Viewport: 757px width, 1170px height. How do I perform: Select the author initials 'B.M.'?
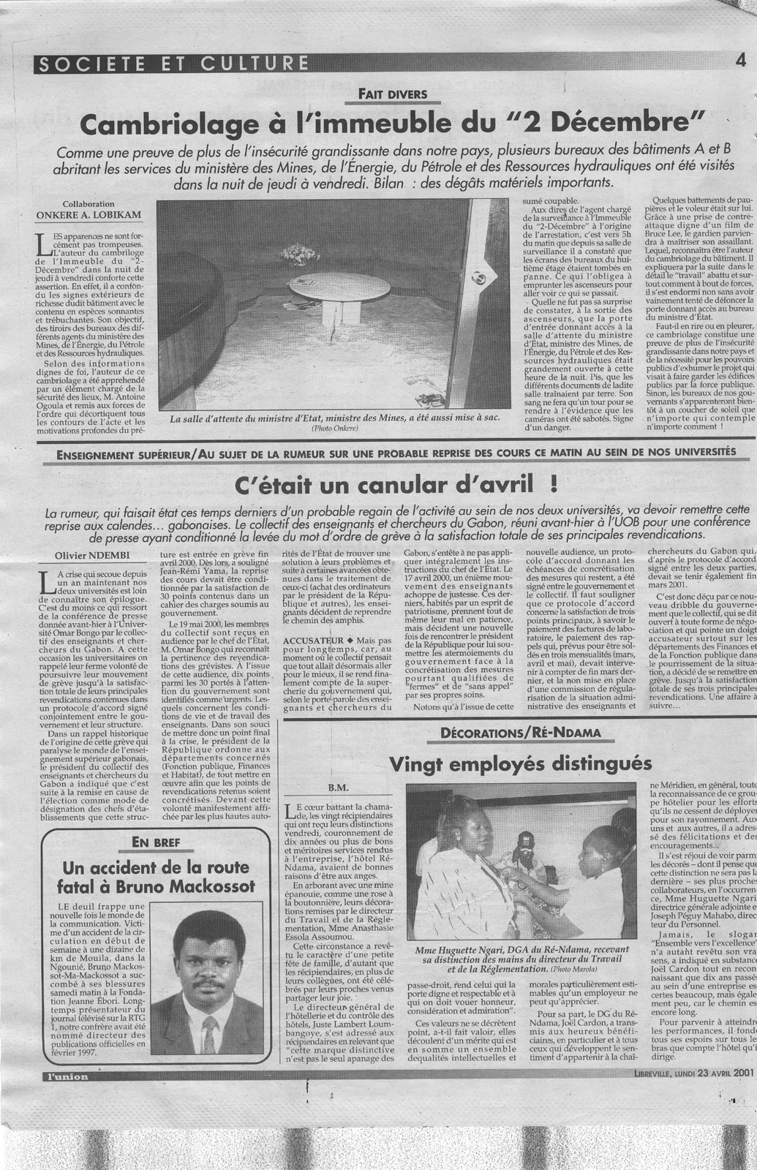(337, 788)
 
